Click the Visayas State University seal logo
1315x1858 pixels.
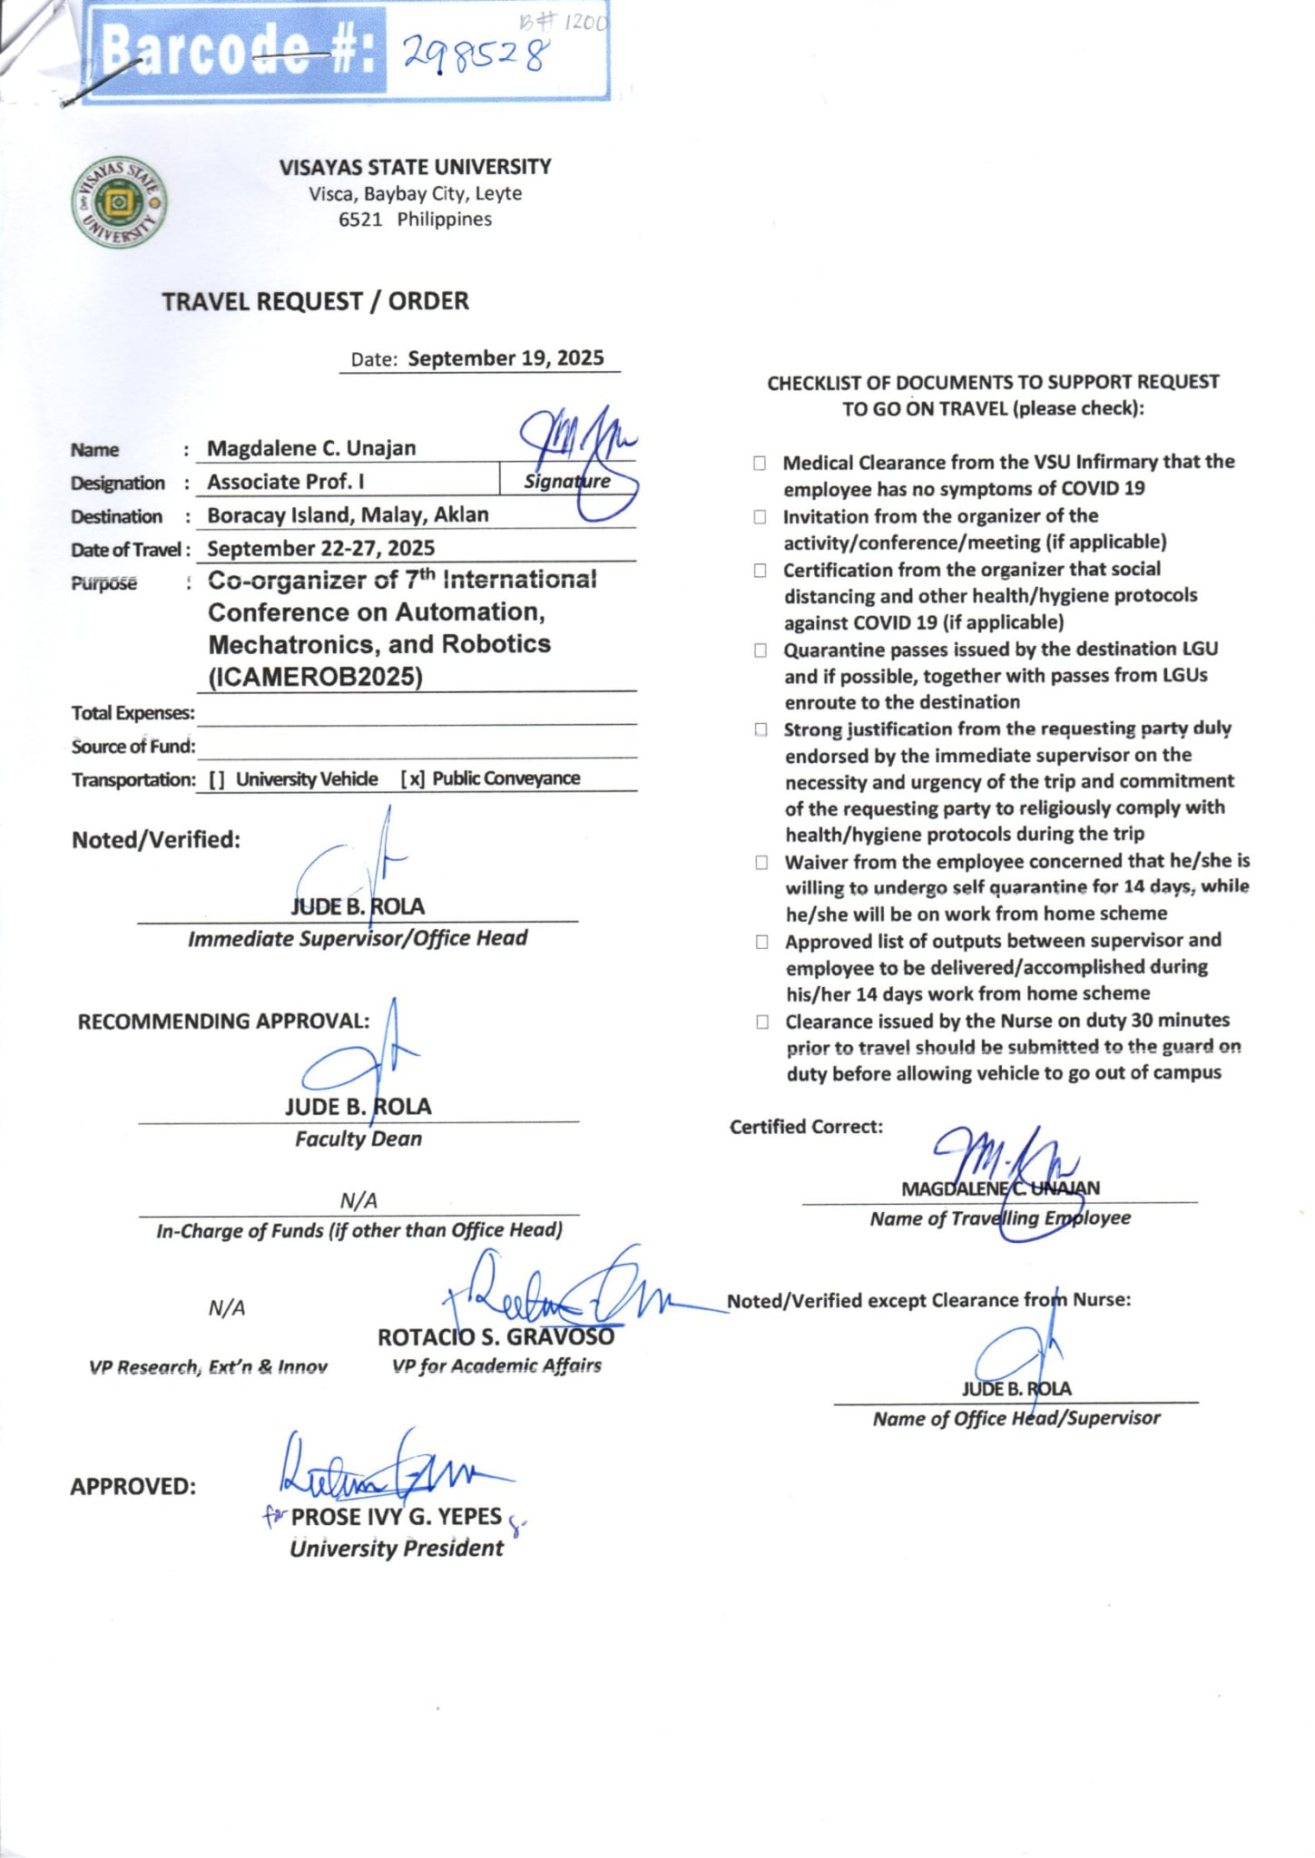click(118, 202)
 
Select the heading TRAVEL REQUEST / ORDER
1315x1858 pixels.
click(315, 301)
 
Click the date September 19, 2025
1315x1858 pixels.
click(505, 358)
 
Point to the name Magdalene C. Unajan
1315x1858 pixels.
click(311, 448)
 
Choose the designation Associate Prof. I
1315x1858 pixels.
click(285, 482)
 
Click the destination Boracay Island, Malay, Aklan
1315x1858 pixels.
click(348, 515)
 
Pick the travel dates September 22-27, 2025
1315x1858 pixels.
click(320, 549)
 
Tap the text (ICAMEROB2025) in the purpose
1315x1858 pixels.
click(315, 678)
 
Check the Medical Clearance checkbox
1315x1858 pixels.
click(760, 464)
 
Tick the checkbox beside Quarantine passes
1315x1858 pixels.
click(761, 650)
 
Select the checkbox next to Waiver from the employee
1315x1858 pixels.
click(761, 863)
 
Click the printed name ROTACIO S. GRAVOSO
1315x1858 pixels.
click(496, 1337)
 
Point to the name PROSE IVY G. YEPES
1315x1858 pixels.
click(396, 1517)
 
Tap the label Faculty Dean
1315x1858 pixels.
click(358, 1139)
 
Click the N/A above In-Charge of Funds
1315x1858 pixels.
click(358, 1201)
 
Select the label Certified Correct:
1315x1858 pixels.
click(806, 1127)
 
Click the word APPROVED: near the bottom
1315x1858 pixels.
click(132, 1487)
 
